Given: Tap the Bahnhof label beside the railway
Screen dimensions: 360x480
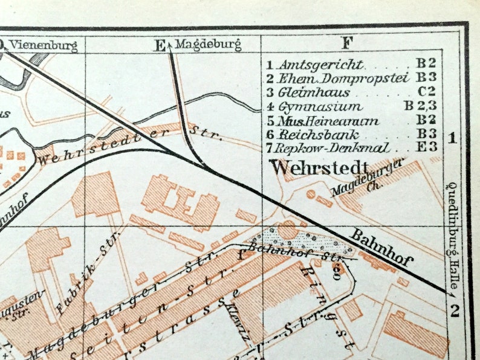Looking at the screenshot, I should coord(383,248).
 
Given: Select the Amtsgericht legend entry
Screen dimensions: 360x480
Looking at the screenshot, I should coord(321,65).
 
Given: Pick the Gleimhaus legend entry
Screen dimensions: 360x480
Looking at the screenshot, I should coord(314,92).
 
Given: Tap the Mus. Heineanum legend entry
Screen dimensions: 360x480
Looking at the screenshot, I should coord(329,121).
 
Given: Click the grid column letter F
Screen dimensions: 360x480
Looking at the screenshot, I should coord(347,43).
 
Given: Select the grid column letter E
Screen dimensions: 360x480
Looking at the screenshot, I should coord(159,45).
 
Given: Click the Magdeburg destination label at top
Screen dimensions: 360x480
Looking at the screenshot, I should coord(208,44).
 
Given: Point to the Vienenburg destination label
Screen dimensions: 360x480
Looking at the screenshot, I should coord(44,44).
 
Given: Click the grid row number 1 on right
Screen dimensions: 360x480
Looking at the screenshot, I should coord(452,138).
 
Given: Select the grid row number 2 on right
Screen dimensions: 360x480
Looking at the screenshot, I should coord(455,311).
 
